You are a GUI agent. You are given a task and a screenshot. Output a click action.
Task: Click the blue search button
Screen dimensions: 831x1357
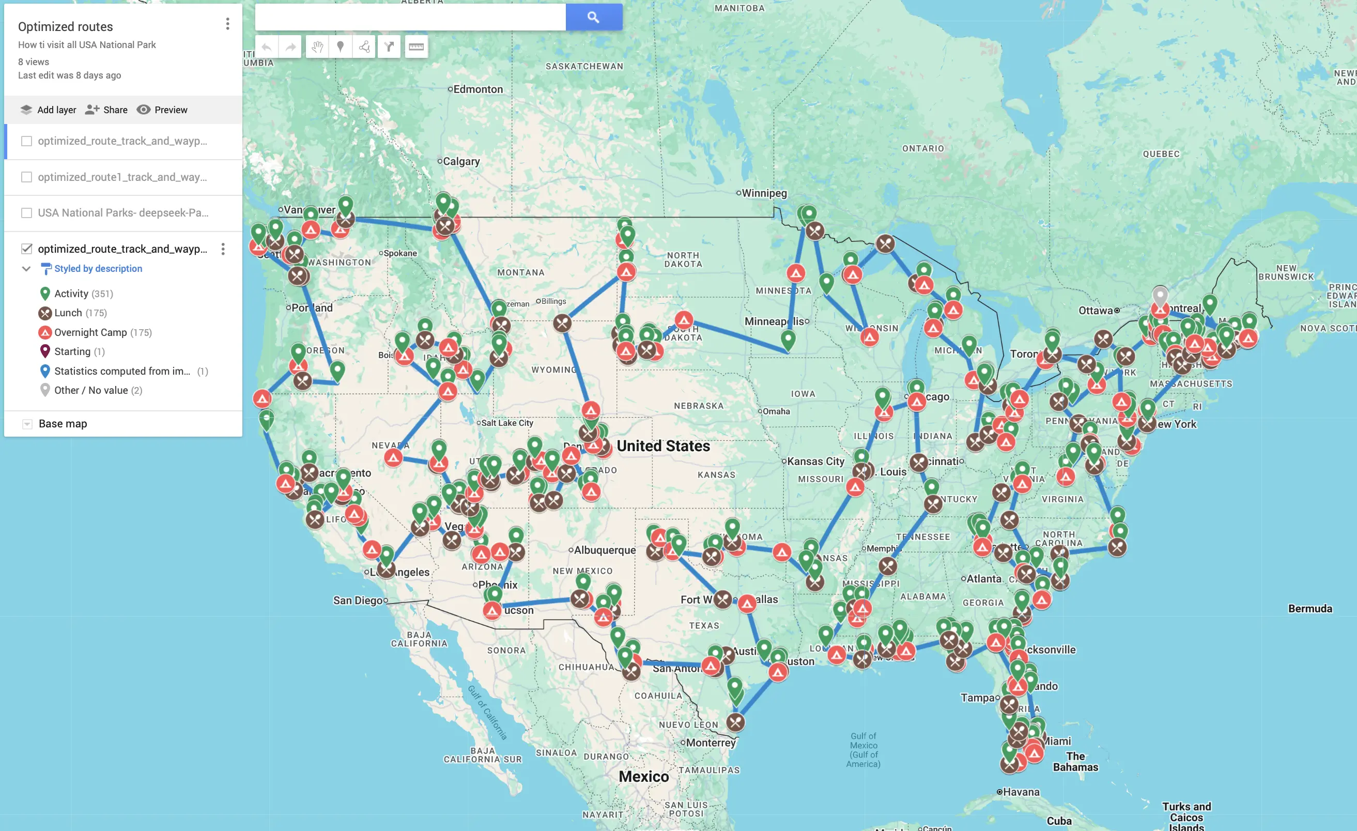593,17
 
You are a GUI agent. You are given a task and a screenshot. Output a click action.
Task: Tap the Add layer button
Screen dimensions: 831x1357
49,110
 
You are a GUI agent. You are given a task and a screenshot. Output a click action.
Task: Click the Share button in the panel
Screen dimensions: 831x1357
106,110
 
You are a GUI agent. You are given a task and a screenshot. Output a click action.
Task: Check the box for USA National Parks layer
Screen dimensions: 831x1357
26,212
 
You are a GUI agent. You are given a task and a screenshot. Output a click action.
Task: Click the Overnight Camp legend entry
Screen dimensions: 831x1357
90,332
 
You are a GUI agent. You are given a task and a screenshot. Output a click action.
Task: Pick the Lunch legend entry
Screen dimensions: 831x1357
68,313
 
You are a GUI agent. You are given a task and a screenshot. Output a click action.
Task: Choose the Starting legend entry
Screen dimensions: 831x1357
72,351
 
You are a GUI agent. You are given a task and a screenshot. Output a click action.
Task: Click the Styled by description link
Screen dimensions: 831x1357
98,269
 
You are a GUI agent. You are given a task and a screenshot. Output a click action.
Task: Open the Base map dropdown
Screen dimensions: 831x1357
27,423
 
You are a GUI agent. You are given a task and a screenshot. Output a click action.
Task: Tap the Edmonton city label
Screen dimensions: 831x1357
477,89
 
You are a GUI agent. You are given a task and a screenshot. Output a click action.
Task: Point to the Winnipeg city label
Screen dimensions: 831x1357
764,193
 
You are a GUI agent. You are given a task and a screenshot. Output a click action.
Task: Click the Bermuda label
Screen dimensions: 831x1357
1309,608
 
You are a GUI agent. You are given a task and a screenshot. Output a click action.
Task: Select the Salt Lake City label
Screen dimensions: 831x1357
506,423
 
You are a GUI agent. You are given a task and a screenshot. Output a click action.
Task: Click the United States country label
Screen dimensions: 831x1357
663,446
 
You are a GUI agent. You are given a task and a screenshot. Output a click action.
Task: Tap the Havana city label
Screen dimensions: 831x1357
1021,792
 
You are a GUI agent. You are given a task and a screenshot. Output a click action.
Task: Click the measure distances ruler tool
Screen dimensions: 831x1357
416,47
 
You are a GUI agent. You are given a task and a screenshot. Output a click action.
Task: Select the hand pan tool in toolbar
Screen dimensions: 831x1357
317,47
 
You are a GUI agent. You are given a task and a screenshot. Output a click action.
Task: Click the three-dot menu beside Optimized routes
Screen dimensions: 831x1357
227,24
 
